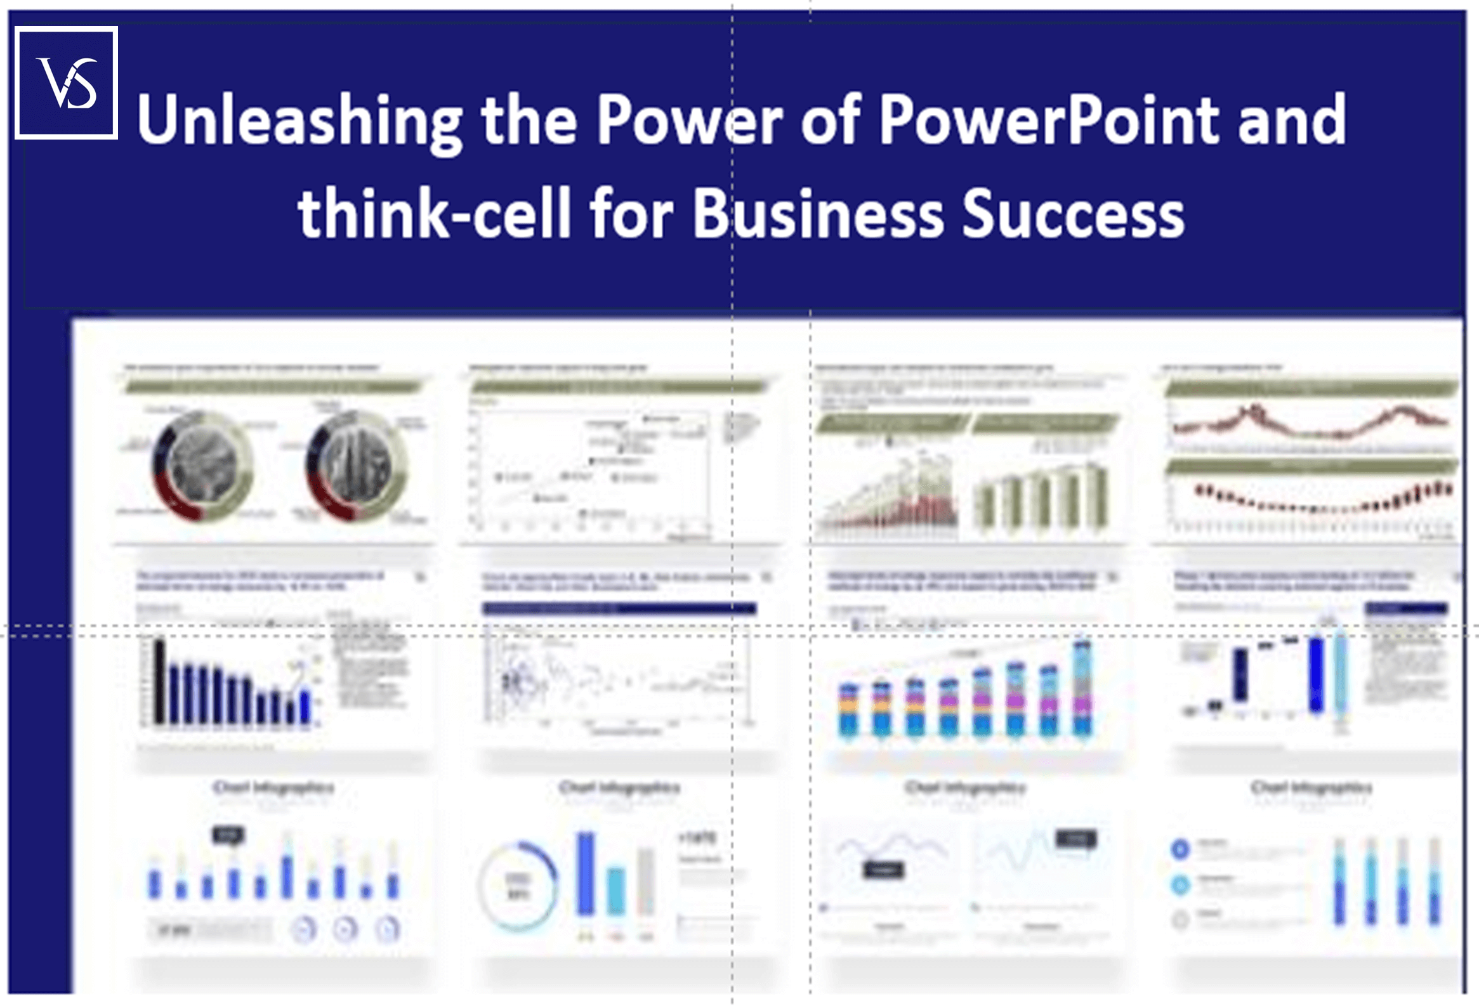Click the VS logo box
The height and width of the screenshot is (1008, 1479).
click(66, 82)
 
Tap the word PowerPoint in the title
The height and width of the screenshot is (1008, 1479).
click(1048, 120)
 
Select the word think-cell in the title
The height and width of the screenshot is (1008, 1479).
click(434, 213)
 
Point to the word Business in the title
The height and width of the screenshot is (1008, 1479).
click(818, 213)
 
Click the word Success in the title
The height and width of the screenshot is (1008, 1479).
click(1073, 213)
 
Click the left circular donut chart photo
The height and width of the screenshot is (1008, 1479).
click(202, 466)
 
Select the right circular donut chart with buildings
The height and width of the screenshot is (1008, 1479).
click(357, 466)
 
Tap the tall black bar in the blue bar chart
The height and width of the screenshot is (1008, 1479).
click(159, 683)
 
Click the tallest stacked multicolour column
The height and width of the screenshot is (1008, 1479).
click(1082, 690)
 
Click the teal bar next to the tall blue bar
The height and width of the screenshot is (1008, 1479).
click(616, 891)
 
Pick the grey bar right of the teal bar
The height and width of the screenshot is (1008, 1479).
click(645, 881)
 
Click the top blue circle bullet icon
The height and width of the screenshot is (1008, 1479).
click(1181, 848)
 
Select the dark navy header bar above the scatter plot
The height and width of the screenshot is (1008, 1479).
click(619, 609)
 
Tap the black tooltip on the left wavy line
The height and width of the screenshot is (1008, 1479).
click(883, 870)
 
